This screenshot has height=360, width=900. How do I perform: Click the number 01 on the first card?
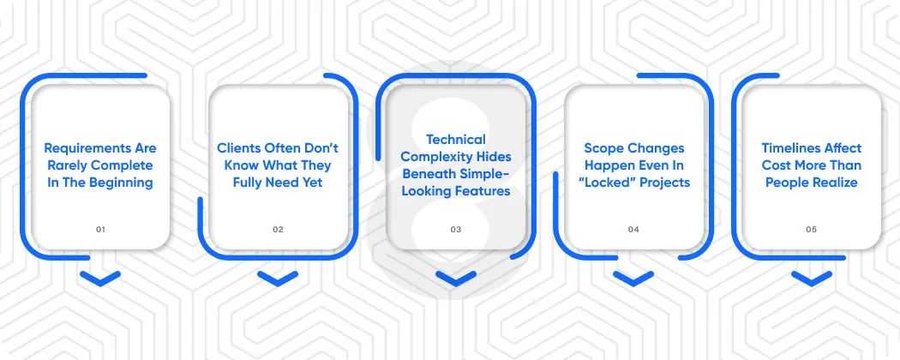(x=100, y=230)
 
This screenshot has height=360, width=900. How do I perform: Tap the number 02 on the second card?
(x=278, y=230)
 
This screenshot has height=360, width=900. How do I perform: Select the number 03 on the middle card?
(x=455, y=230)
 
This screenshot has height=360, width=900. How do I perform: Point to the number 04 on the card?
(x=633, y=230)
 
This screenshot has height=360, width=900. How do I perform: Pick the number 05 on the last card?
(x=812, y=230)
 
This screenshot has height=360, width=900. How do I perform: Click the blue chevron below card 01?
(x=100, y=278)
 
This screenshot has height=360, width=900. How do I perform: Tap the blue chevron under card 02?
(x=278, y=278)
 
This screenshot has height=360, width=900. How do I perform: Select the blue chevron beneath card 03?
(x=455, y=278)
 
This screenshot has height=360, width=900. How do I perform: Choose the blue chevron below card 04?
(x=633, y=278)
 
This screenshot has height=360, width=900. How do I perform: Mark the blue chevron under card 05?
(x=812, y=278)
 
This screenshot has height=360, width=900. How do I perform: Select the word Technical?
(x=455, y=139)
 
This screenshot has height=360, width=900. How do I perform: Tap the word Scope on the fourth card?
(x=603, y=148)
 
